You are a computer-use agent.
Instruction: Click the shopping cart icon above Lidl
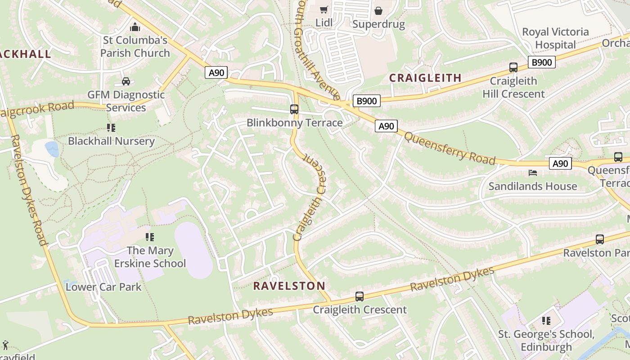(x=324, y=9)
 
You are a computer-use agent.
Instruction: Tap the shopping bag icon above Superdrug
(x=378, y=10)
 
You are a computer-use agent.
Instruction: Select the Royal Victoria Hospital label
(x=555, y=38)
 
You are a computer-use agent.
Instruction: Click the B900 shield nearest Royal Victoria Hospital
(x=541, y=62)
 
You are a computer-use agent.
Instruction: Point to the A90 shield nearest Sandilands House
(x=560, y=163)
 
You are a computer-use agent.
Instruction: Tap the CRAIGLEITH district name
(x=425, y=78)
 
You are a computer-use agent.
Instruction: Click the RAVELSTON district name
(x=289, y=286)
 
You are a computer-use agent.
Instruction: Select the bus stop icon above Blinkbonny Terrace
(x=294, y=109)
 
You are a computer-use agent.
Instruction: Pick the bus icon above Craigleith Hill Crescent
(x=513, y=67)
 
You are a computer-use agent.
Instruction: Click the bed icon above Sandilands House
(x=533, y=173)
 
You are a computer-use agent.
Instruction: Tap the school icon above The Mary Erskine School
(x=150, y=237)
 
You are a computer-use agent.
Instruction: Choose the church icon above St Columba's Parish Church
(x=135, y=27)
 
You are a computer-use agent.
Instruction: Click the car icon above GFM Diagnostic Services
(x=126, y=81)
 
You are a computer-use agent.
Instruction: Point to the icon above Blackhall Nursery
(x=111, y=128)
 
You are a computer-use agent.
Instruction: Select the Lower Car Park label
(x=103, y=287)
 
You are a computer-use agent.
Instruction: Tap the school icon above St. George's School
(x=546, y=321)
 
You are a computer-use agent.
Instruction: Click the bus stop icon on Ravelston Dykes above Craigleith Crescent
(x=359, y=297)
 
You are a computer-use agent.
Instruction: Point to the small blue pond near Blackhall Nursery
(x=52, y=149)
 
